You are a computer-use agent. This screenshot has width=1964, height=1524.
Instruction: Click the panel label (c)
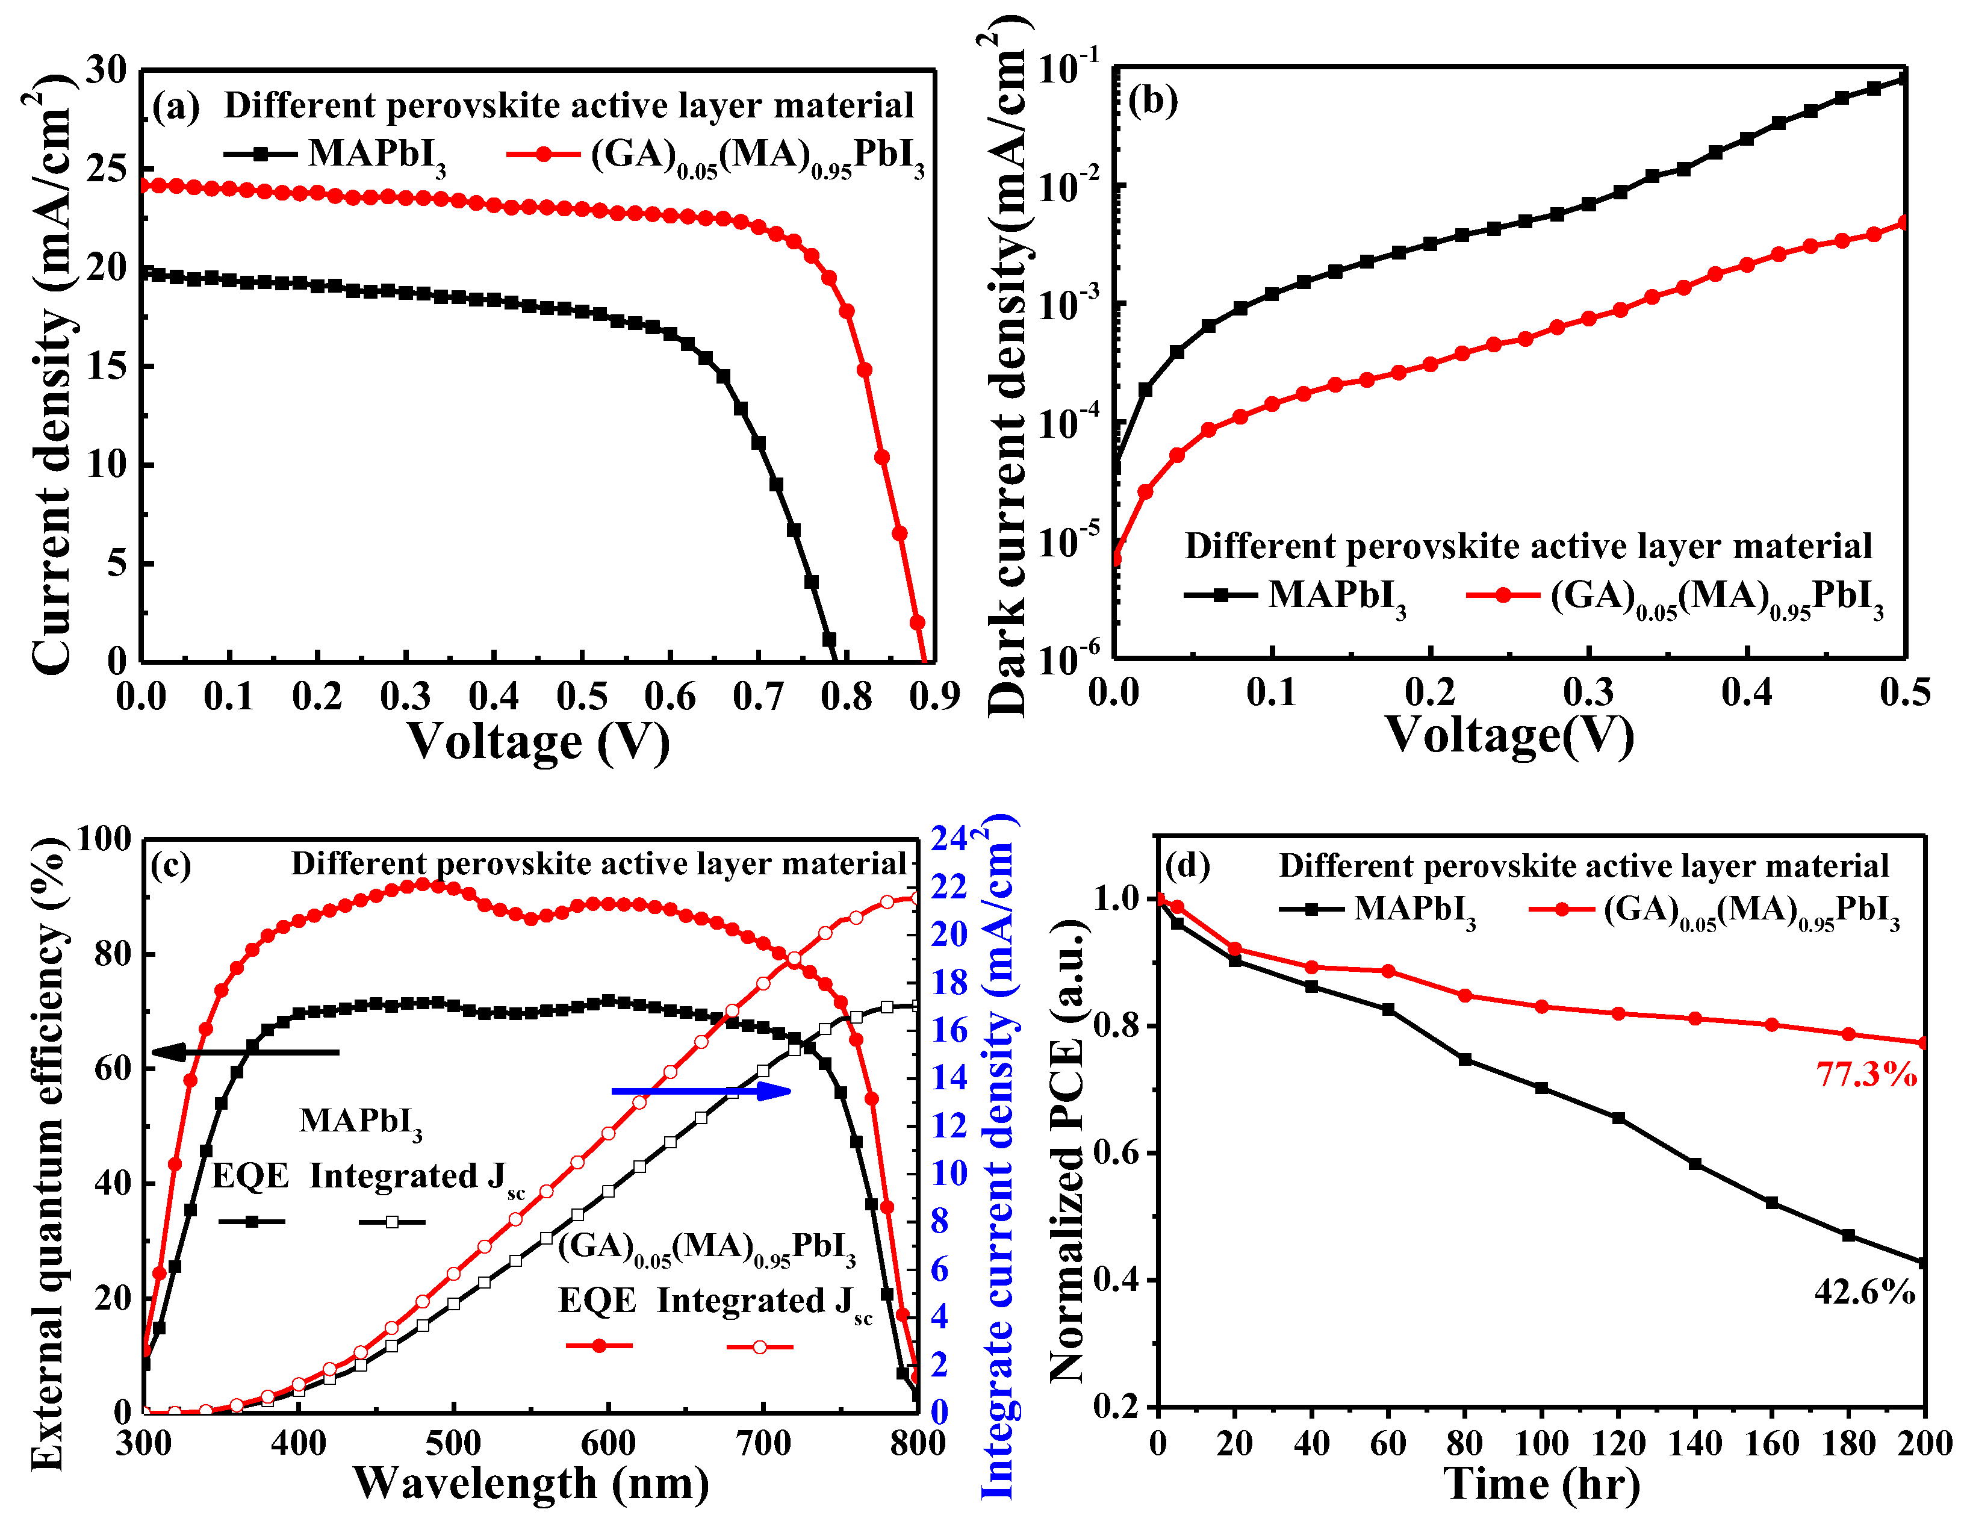(x=171, y=865)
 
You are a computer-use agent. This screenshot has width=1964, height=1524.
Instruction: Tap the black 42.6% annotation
(x=1864, y=1292)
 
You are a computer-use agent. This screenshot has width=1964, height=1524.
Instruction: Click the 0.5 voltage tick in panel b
(x=1904, y=691)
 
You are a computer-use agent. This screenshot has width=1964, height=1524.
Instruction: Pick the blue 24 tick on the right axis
(x=949, y=838)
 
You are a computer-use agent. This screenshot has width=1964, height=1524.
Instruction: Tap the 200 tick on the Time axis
(x=1924, y=1444)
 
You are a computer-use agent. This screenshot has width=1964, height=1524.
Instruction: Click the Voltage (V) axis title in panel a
(x=538, y=742)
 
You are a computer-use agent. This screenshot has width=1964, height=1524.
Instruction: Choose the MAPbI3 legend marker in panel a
(x=261, y=154)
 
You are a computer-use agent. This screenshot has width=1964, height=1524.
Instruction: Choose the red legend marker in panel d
(x=1562, y=910)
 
